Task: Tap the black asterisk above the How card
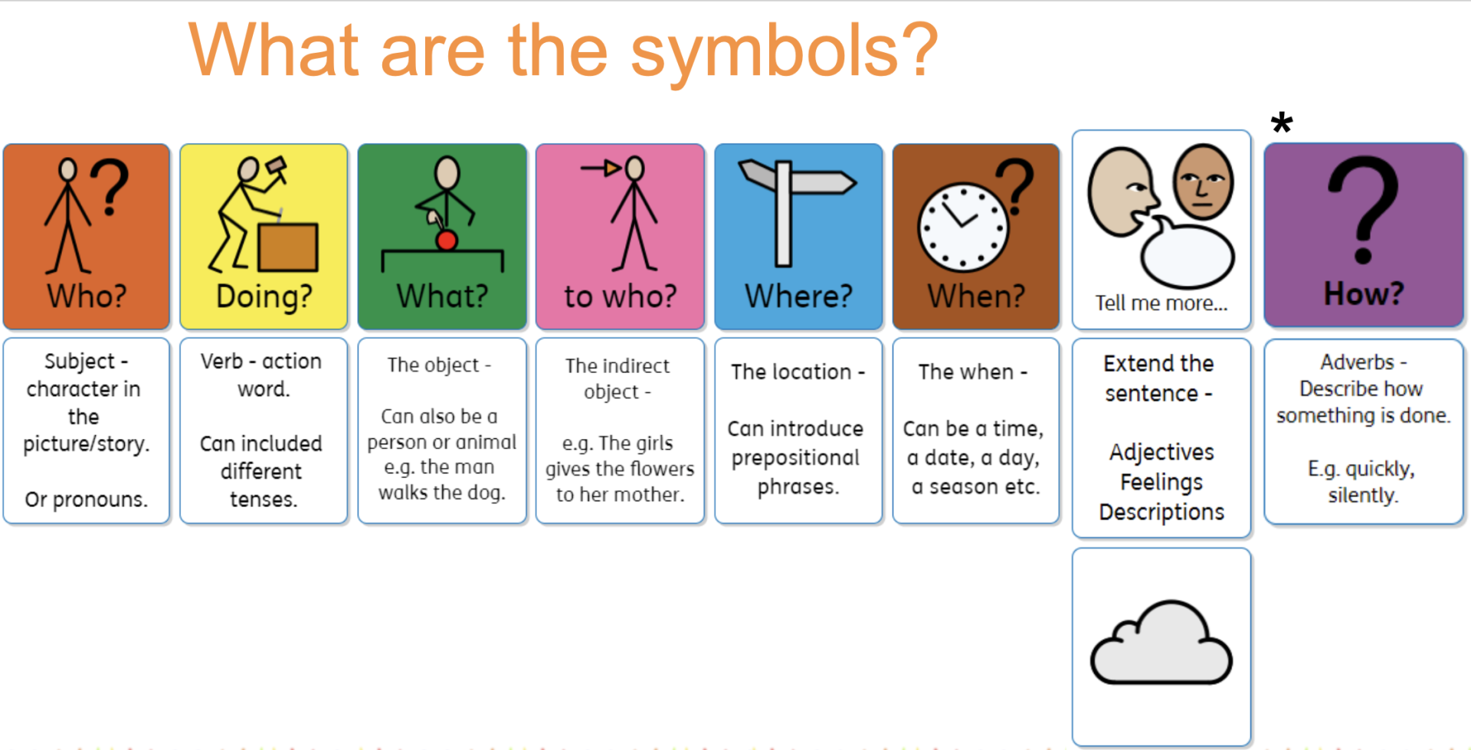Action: [x=1282, y=123]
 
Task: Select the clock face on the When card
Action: [x=963, y=228]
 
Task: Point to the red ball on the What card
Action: [x=447, y=241]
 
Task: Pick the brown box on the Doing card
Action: [x=287, y=247]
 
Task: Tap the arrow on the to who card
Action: [x=601, y=167]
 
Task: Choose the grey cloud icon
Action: [x=1161, y=643]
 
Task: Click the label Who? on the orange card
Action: [x=87, y=296]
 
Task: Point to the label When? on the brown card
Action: [x=976, y=296]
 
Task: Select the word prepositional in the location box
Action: [x=795, y=458]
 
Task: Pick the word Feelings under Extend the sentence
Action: [x=1161, y=483]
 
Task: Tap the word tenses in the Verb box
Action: [x=263, y=499]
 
